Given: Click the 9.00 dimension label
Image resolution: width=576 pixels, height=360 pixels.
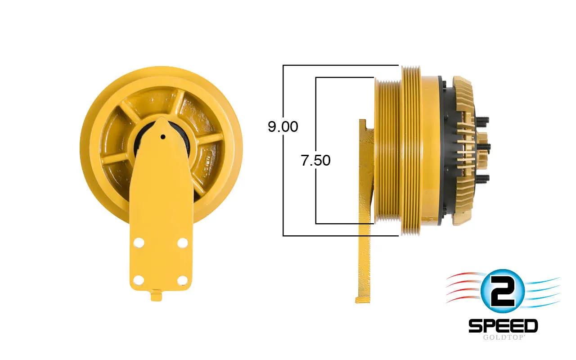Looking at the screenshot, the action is tap(283, 126).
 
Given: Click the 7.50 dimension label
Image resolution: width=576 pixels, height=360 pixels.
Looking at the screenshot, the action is tap(315, 160).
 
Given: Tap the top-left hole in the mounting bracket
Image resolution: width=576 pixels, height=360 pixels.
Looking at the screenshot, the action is tap(139, 243).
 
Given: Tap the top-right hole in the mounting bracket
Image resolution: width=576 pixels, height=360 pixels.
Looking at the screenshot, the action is tap(183, 243).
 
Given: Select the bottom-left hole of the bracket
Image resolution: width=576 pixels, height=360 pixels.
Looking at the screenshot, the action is tap(139, 280).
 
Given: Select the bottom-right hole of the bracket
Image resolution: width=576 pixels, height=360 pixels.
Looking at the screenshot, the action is tap(182, 280).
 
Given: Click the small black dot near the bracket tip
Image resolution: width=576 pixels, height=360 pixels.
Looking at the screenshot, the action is tap(163, 137).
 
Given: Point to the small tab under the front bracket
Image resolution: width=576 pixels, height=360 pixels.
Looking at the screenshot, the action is tap(156, 295).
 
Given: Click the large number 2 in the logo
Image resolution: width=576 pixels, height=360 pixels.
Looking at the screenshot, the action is tap(502, 291).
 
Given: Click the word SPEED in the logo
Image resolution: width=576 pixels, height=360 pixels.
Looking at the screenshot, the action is tap(503, 326).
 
